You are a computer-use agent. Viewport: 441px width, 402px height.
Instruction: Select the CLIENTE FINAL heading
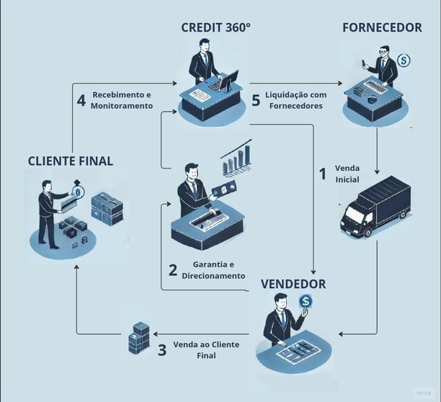pyautogui.click(x=71, y=161)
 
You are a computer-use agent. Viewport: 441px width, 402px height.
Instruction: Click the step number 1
pyautogui.click(x=324, y=173)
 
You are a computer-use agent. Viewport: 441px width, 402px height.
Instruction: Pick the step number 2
pyautogui.click(x=173, y=270)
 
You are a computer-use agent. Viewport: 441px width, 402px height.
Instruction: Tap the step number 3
pyautogui.click(x=162, y=351)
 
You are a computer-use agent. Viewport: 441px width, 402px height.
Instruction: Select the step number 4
pyautogui.click(x=81, y=99)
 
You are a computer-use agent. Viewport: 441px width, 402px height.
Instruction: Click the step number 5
pyautogui.click(x=256, y=100)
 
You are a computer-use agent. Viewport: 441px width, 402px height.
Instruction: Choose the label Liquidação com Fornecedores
pyautogui.click(x=295, y=100)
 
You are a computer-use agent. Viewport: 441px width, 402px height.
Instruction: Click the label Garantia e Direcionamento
pyautogui.click(x=218, y=270)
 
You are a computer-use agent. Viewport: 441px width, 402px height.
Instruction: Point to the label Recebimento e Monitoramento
pyautogui.click(x=122, y=99)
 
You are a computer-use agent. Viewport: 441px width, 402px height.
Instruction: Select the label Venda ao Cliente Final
pyautogui.click(x=206, y=350)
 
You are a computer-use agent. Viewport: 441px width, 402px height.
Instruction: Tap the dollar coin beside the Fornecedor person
pyautogui.click(x=404, y=61)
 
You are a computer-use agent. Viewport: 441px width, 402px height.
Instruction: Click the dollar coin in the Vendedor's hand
pyautogui.click(x=306, y=301)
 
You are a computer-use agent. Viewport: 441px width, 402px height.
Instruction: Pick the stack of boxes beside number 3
pyautogui.click(x=138, y=338)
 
